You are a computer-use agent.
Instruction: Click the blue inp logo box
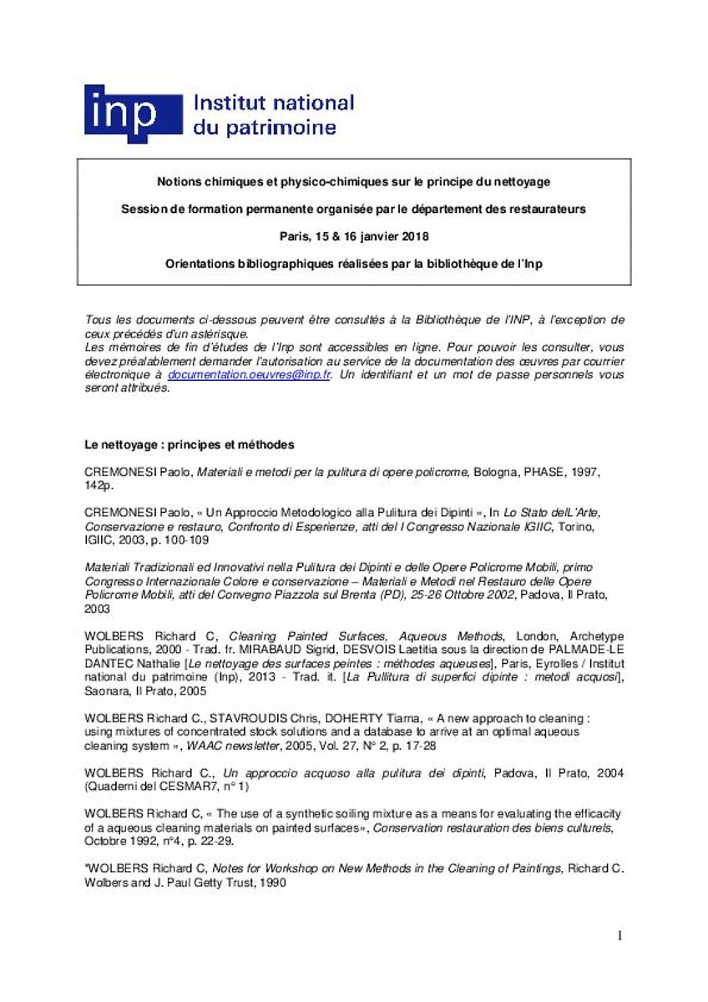coord(132,114)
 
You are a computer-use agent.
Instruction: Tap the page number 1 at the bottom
coord(619,936)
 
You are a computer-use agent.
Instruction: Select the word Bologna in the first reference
coord(498,472)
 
